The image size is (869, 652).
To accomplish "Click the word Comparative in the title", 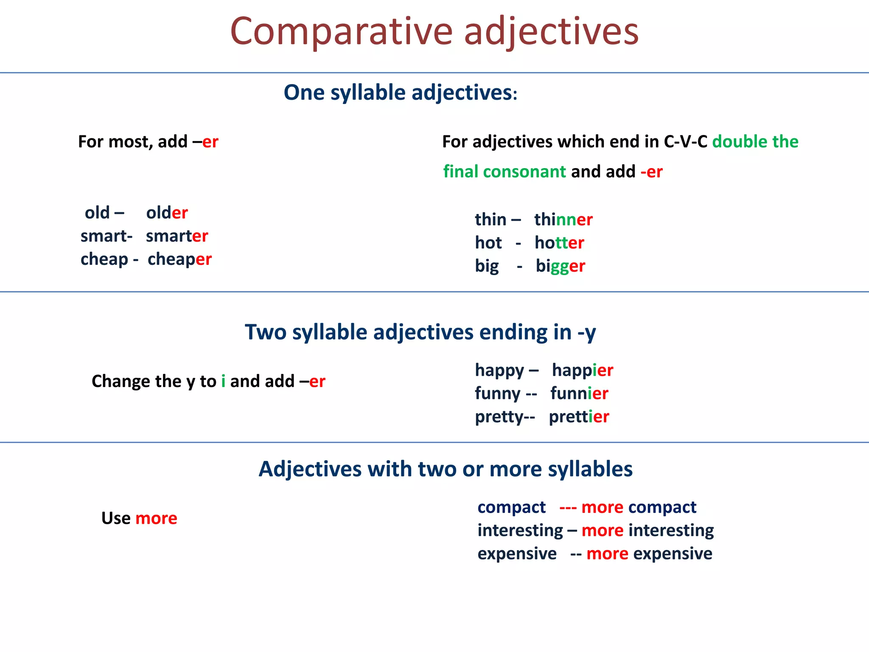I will [x=342, y=32].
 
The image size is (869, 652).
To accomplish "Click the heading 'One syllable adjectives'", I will [x=400, y=93].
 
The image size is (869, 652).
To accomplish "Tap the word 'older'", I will [x=167, y=213].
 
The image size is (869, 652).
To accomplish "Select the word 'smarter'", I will [x=177, y=236].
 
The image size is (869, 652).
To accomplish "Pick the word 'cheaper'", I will [x=179, y=259].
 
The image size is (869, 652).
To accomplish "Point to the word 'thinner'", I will [x=563, y=219].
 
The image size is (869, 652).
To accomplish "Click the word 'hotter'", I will [x=559, y=243].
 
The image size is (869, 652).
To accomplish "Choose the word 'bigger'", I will [x=560, y=266].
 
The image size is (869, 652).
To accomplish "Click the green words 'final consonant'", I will [x=505, y=171].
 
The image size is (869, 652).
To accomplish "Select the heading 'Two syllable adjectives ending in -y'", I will [x=420, y=332].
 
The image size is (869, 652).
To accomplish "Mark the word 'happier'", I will [x=582, y=370].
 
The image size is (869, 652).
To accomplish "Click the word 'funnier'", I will [x=579, y=393].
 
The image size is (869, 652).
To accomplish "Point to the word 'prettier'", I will [x=579, y=417].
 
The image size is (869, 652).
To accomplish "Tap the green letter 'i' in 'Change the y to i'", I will [x=223, y=381].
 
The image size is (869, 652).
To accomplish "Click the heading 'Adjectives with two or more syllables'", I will [x=446, y=469].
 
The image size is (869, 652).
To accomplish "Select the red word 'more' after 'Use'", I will [x=156, y=518].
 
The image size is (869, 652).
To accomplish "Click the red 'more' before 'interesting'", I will [x=602, y=531].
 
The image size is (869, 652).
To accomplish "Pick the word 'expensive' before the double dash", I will [x=517, y=554].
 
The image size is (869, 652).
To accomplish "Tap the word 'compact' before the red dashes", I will [x=511, y=507].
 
